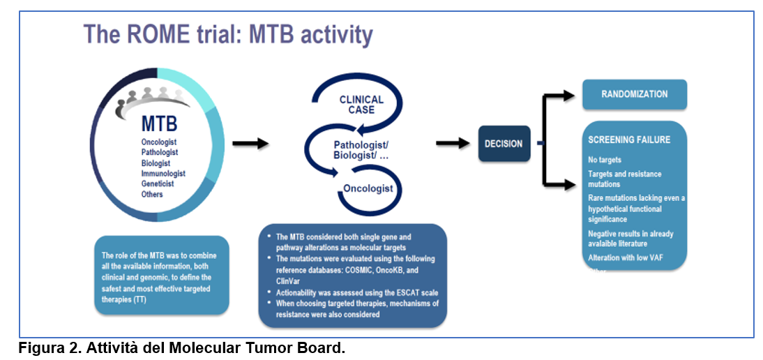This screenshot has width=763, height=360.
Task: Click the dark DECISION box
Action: click(x=504, y=144)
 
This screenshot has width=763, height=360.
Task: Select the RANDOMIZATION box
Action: click(x=634, y=94)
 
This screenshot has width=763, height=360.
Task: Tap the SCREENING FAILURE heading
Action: click(x=629, y=140)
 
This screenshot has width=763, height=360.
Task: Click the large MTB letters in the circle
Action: click(x=159, y=124)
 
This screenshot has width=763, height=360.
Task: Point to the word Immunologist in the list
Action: click(x=163, y=173)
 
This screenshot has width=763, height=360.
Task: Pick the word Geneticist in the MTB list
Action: click(x=159, y=183)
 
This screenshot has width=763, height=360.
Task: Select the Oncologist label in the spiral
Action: click(x=368, y=188)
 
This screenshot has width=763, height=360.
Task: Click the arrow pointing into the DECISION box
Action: click(x=454, y=144)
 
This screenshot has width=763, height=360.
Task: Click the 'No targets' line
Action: click(x=605, y=160)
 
